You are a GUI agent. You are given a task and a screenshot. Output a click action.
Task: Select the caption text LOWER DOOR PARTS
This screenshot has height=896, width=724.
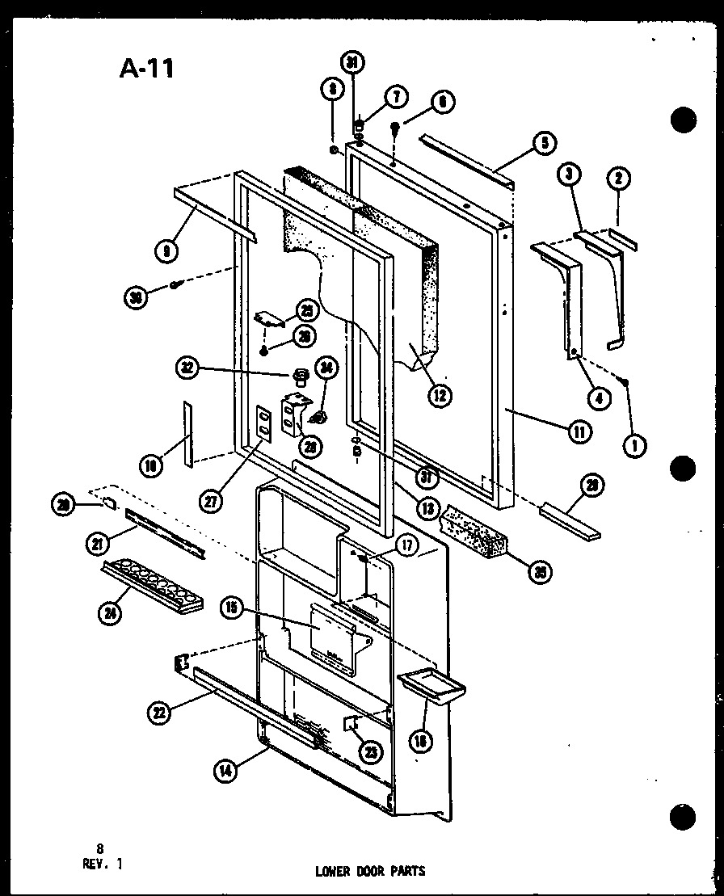370,871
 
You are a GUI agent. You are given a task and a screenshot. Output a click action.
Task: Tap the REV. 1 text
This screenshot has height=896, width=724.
103,861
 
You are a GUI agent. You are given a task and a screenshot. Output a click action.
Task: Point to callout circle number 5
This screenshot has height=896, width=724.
543,144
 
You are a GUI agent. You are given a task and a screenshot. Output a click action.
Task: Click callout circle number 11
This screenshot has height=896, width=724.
579,431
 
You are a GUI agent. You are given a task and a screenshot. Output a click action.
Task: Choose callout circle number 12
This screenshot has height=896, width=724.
440,395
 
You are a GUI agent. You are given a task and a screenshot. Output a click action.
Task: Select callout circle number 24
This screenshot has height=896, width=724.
108,613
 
